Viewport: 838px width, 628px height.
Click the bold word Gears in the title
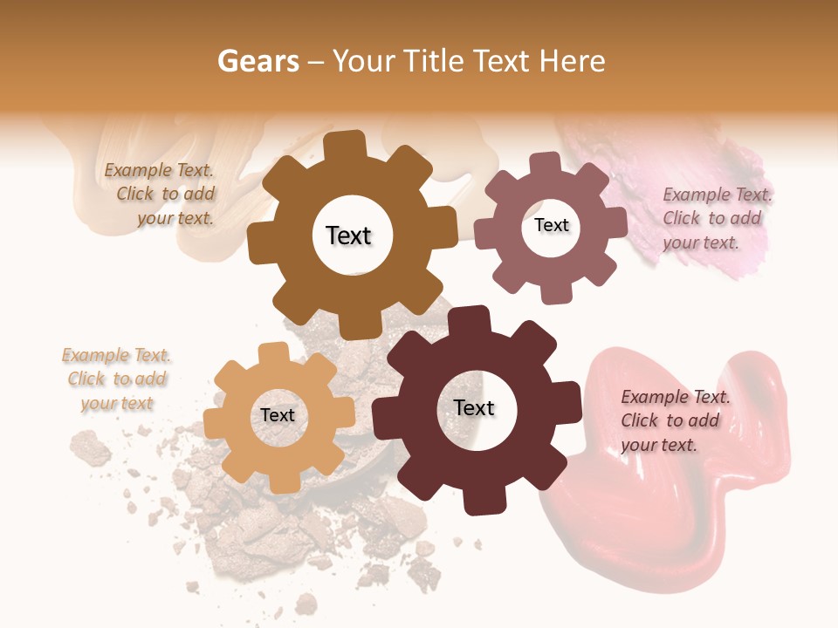point(258,61)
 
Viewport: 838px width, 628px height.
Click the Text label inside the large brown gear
point(348,235)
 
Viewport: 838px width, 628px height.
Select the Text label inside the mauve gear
point(551,225)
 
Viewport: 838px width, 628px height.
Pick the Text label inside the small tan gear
point(278,415)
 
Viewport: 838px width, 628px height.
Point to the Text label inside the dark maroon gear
point(474,407)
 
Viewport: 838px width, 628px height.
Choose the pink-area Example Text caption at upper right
point(715,218)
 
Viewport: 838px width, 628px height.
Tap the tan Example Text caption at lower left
point(117,379)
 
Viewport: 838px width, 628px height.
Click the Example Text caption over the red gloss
point(673,420)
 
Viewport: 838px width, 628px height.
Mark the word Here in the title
point(573,61)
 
